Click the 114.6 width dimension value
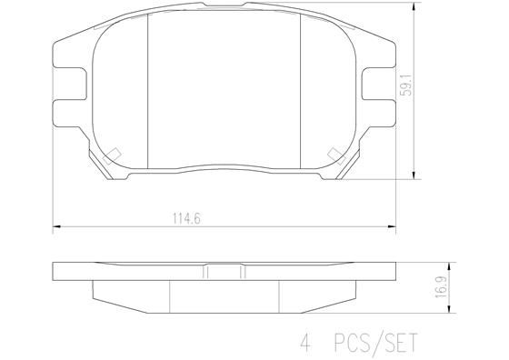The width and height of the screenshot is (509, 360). point(186,218)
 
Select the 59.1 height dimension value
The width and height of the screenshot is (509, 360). point(406,85)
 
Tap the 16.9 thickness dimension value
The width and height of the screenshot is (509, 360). point(441,287)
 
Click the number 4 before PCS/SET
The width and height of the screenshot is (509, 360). point(305,343)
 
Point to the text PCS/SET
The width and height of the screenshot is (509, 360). point(375,343)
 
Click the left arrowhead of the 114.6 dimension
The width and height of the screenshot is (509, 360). point(56,226)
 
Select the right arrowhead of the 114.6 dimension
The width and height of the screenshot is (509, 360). point(392,226)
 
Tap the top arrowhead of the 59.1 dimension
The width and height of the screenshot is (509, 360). point(414,6)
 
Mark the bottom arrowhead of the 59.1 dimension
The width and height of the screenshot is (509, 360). point(414,175)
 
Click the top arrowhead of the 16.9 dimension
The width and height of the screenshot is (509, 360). point(449,266)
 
